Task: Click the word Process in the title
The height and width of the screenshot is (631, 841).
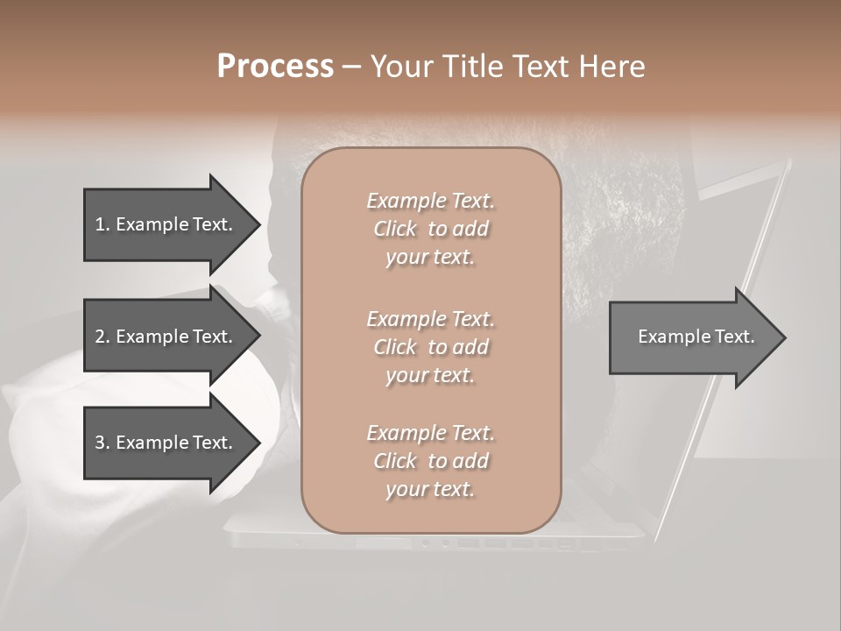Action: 275,67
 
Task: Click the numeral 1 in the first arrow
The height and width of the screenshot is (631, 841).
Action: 99,224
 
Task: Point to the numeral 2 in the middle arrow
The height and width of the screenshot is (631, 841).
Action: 100,337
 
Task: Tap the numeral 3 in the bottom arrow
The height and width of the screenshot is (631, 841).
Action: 100,443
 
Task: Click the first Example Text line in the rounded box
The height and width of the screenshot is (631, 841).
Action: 430,201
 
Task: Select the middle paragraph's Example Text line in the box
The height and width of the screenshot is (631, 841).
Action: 430,319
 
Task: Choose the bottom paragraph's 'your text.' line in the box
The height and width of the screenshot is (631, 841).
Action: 430,490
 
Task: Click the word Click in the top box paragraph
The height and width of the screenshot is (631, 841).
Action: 395,229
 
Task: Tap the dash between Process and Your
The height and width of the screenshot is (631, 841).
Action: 350,67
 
